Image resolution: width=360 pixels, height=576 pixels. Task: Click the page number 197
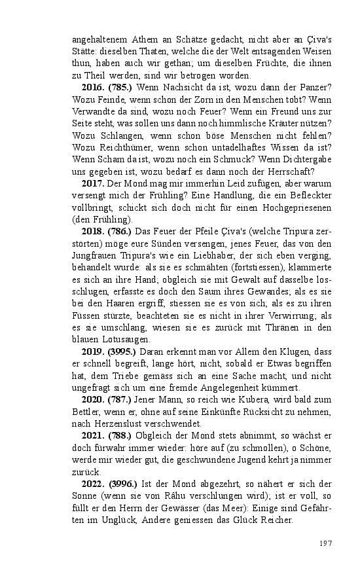click(x=327, y=543)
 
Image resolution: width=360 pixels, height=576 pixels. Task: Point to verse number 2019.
click(x=94, y=352)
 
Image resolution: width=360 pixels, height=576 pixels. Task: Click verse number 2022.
click(x=94, y=484)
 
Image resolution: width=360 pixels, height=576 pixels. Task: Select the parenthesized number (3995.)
click(x=123, y=352)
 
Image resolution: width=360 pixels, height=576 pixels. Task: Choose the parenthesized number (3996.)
click(x=123, y=484)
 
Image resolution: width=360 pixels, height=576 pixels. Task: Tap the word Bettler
click(x=86, y=412)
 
